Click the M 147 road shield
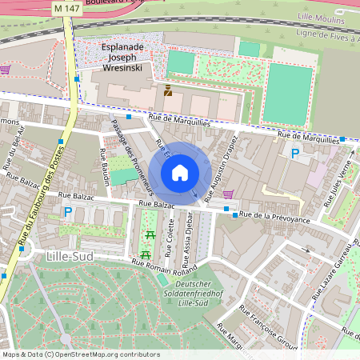point(66,7)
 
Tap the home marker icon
point(180,173)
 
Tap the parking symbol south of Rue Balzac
point(67,213)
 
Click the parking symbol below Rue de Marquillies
point(295,153)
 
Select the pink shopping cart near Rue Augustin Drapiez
point(229,193)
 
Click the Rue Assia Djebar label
point(190,237)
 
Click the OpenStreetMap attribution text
point(80,354)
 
